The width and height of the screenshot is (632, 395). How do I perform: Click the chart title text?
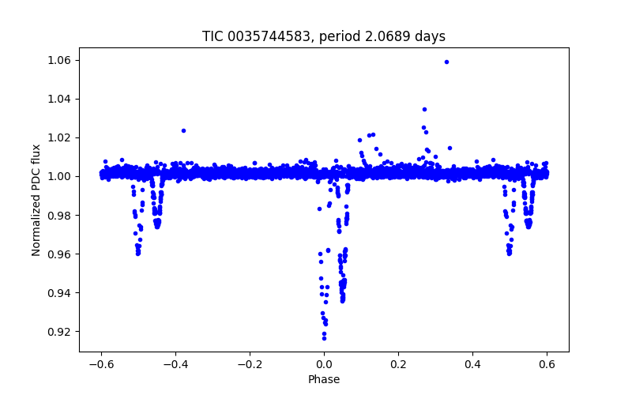click(x=324, y=36)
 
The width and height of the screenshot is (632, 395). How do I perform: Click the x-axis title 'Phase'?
click(x=324, y=380)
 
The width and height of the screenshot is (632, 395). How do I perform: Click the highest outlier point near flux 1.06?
click(x=446, y=62)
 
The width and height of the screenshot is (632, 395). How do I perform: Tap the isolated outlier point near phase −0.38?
click(x=183, y=130)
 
